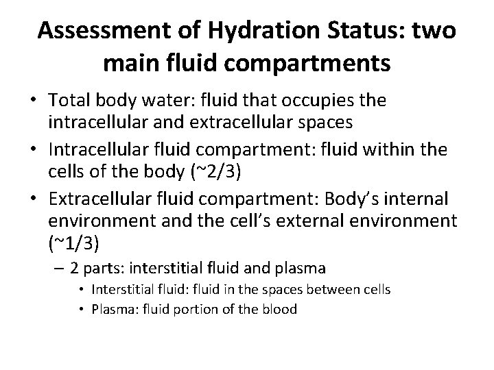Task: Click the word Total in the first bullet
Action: (x=69, y=101)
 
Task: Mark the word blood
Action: (x=280, y=310)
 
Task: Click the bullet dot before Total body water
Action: (x=33, y=101)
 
